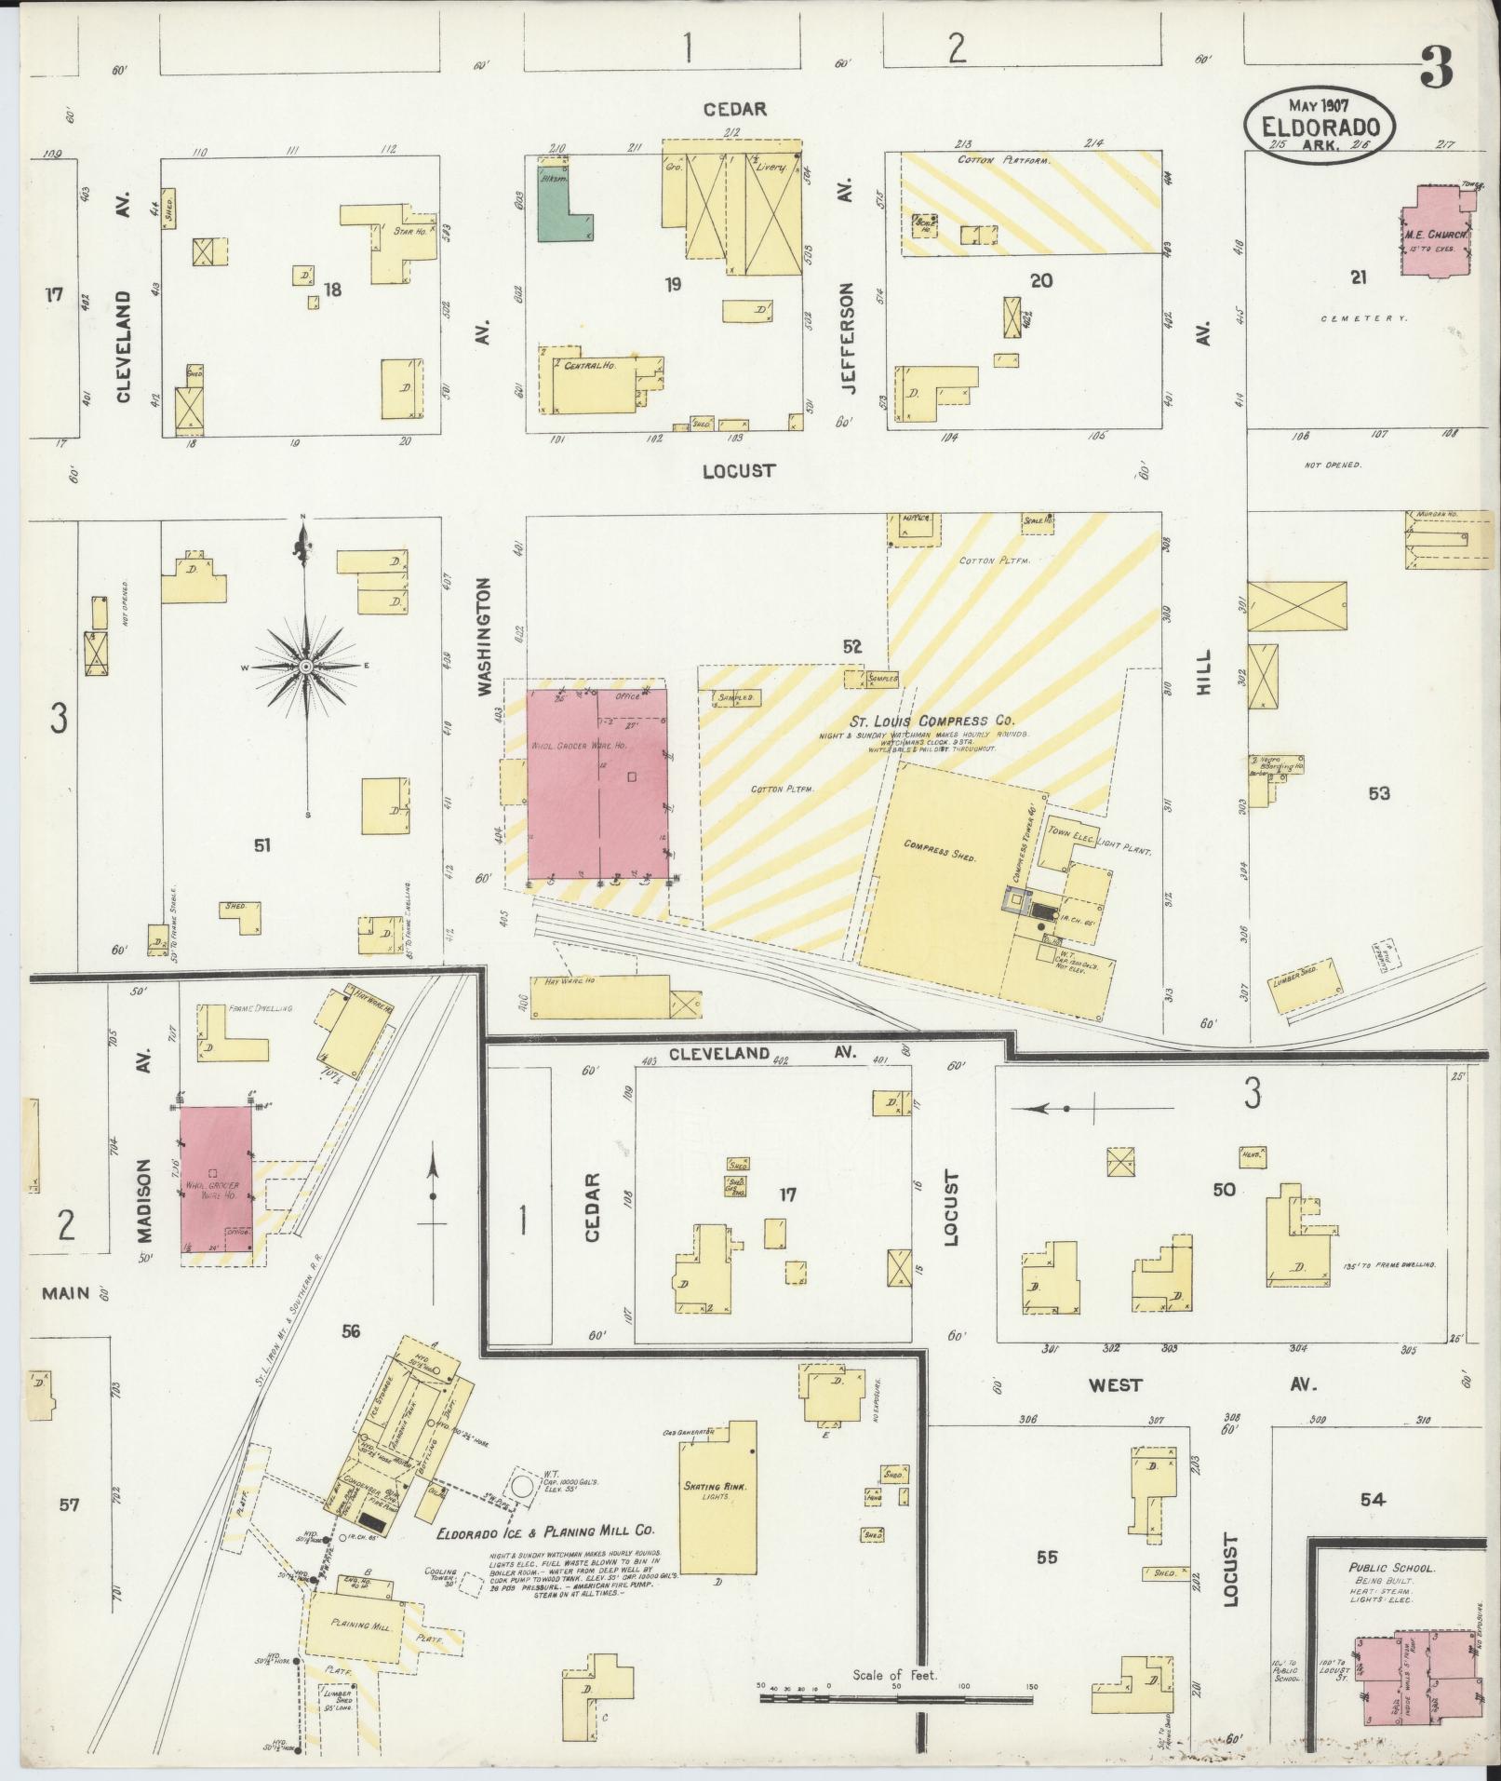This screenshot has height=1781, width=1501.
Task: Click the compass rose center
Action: [x=306, y=668]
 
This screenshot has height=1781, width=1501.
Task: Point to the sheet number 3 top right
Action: [x=1438, y=69]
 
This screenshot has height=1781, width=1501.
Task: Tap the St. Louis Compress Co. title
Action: [x=931, y=721]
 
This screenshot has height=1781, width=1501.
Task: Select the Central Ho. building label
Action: [x=586, y=366]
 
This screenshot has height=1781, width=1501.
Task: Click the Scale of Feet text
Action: [x=894, y=1675]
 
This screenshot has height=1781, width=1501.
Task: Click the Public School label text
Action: [x=1391, y=1568]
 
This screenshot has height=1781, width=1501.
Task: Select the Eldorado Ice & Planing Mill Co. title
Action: [x=547, y=1530]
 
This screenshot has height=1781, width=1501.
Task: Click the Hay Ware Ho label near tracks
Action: [x=561, y=981]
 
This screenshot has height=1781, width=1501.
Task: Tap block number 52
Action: [x=851, y=646]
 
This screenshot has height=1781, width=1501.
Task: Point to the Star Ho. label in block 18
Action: [x=409, y=230]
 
